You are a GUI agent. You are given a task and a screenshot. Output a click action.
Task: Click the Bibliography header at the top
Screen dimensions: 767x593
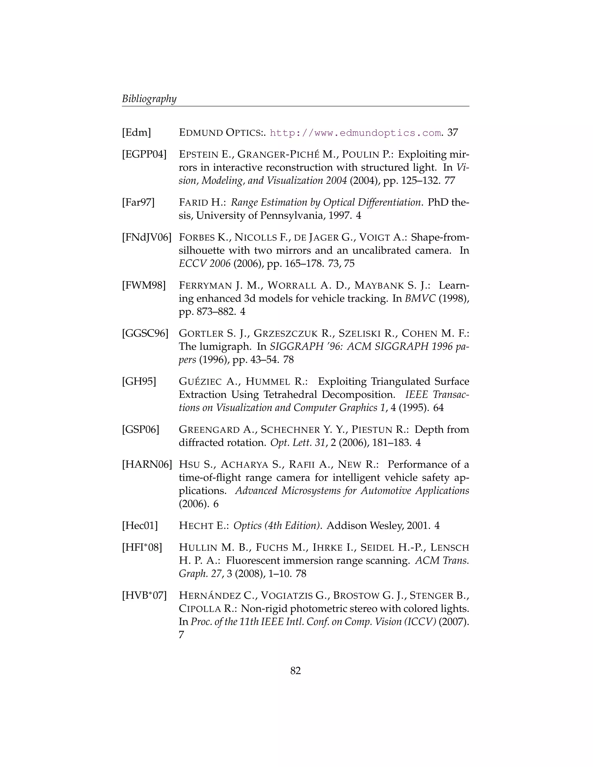pyautogui.click(x=149, y=99)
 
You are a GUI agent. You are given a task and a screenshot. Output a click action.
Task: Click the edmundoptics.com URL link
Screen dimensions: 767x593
pyautogui.click(x=355, y=133)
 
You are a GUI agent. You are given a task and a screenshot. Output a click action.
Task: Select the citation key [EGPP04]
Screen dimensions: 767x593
pyautogui.click(x=144, y=154)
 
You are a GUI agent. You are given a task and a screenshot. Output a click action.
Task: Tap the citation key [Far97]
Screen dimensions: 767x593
pyautogui.click(x=138, y=203)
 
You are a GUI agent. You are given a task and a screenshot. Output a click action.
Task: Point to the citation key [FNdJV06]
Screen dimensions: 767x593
pyautogui.click(x=147, y=237)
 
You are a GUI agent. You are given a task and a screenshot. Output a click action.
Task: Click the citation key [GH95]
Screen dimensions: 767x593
pyautogui.click(x=139, y=381)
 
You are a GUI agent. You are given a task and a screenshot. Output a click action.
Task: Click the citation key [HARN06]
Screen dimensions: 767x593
pyautogui.click(x=147, y=465)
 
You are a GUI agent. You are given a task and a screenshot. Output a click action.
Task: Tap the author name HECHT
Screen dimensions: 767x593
pyautogui.click(x=196, y=526)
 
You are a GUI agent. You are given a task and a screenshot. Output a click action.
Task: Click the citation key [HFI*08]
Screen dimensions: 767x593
pyautogui.click(x=142, y=548)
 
